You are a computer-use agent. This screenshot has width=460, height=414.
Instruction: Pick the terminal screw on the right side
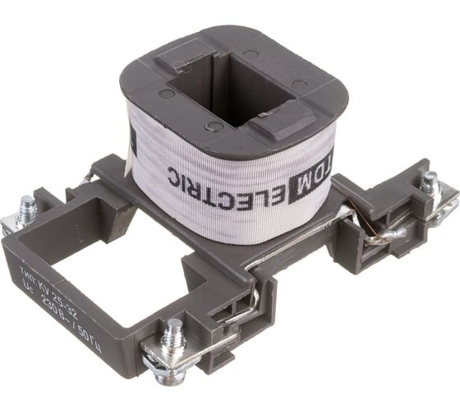[x=430, y=184]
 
